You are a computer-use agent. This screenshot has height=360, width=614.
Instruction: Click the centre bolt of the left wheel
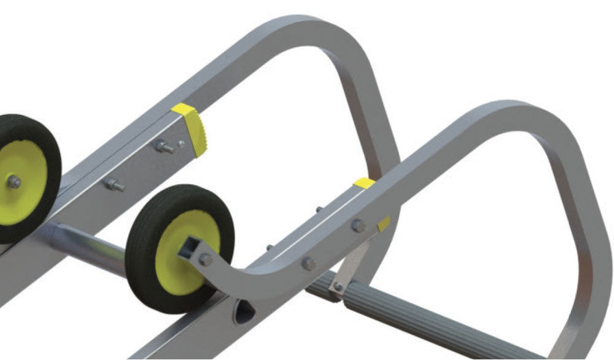[x=14, y=182]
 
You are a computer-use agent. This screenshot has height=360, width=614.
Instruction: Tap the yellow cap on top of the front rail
[x=364, y=183]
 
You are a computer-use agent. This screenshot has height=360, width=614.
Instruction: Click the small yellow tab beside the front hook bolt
[x=384, y=224]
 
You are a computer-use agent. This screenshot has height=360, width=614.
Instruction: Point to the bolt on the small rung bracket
[x=337, y=286]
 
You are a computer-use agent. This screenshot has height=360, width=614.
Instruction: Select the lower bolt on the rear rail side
[x=114, y=184]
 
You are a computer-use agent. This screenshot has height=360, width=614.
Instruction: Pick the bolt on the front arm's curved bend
[x=308, y=264]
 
